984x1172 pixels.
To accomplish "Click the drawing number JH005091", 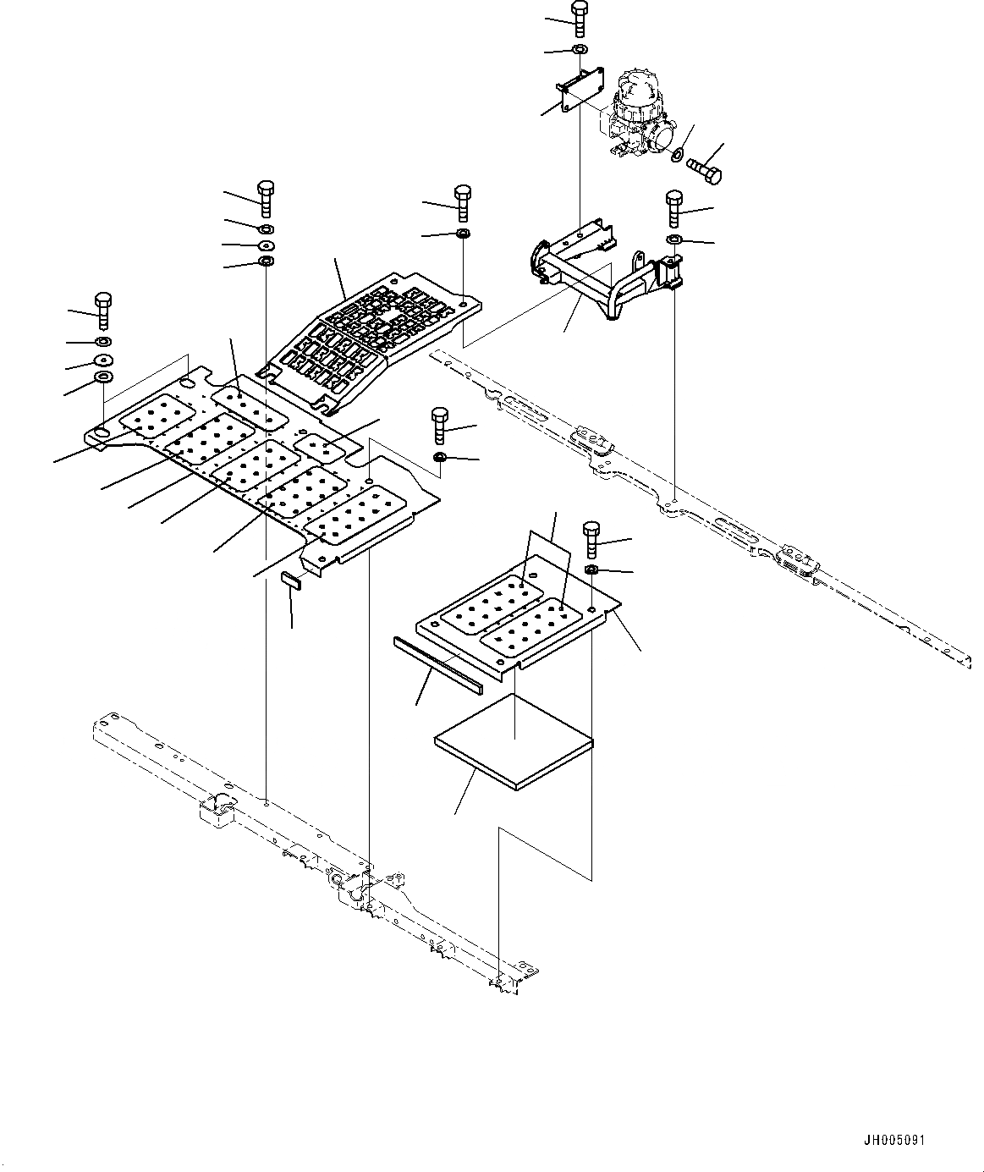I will (893, 1141).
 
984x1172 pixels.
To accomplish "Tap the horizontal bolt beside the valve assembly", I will (704, 171).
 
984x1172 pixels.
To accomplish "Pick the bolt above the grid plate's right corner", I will (463, 203).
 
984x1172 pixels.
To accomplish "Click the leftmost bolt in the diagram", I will (103, 311).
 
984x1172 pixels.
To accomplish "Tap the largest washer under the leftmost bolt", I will (105, 376).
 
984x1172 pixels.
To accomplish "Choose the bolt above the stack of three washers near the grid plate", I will (265, 198).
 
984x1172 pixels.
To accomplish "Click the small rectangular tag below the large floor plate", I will (292, 580).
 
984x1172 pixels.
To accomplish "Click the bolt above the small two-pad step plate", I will (591, 539).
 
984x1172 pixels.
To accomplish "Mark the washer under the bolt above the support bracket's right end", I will (674, 240).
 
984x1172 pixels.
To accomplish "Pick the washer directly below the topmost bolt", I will (580, 51).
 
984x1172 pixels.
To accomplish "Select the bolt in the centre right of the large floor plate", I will (440, 426).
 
